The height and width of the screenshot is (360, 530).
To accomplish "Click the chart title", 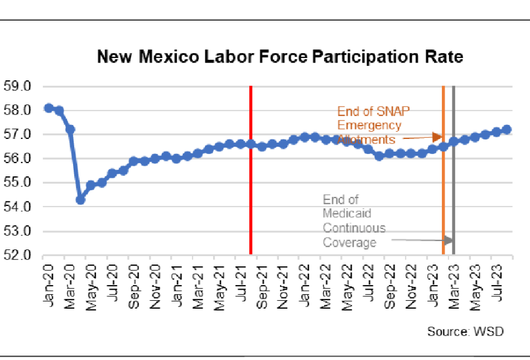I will [280, 57].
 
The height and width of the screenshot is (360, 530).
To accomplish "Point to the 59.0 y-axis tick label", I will [17, 87].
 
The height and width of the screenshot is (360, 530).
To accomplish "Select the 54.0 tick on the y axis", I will [17, 207].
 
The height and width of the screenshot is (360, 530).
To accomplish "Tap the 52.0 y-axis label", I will [17, 256].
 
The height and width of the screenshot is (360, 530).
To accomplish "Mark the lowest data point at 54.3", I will [80, 199].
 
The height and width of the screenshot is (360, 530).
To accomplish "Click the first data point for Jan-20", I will [49, 108].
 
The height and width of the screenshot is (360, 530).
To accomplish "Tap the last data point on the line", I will [507, 129].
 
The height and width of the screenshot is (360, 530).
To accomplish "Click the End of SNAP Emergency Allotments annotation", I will [370, 125].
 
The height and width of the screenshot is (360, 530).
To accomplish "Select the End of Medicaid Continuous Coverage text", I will [354, 221].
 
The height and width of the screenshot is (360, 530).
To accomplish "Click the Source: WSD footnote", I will [465, 332].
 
